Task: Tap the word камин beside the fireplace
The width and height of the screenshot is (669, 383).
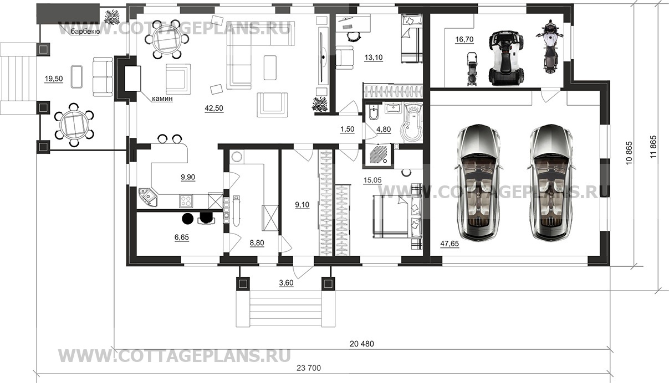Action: pyautogui.click(x=162, y=99)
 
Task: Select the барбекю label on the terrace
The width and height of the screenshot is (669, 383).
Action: pyautogui.click(x=85, y=32)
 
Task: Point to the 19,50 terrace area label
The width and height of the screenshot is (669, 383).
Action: pyautogui.click(x=54, y=79)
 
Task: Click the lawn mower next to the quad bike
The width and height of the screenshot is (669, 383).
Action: pyautogui.click(x=472, y=69)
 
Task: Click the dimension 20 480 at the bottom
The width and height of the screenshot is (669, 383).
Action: pyautogui.click(x=362, y=344)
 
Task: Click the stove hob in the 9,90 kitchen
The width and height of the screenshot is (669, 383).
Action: pyautogui.click(x=185, y=200)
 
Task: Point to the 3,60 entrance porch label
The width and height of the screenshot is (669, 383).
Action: pyautogui.click(x=286, y=283)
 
